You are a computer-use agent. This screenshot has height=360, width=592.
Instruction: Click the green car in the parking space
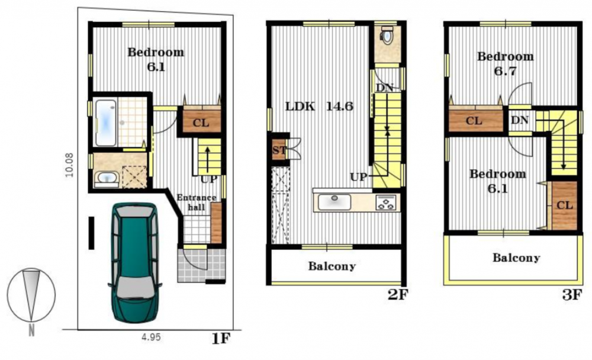(x=135, y=262)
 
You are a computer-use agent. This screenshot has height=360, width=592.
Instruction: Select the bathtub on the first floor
(x=106, y=122)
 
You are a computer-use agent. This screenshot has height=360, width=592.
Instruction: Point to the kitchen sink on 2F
(x=334, y=201)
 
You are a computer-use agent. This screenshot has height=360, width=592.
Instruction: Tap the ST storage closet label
(x=279, y=150)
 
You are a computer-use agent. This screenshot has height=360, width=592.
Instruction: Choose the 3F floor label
(x=572, y=295)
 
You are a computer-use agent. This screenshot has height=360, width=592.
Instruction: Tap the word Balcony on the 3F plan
(x=516, y=258)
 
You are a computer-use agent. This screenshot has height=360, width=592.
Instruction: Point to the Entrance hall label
(x=197, y=202)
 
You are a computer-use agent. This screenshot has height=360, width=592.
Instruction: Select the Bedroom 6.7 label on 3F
(x=505, y=63)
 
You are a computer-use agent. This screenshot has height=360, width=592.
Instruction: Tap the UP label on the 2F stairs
(x=358, y=177)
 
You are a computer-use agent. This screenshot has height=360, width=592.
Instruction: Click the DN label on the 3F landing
(x=520, y=120)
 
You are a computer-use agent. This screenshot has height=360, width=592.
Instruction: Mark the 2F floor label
(x=398, y=295)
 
